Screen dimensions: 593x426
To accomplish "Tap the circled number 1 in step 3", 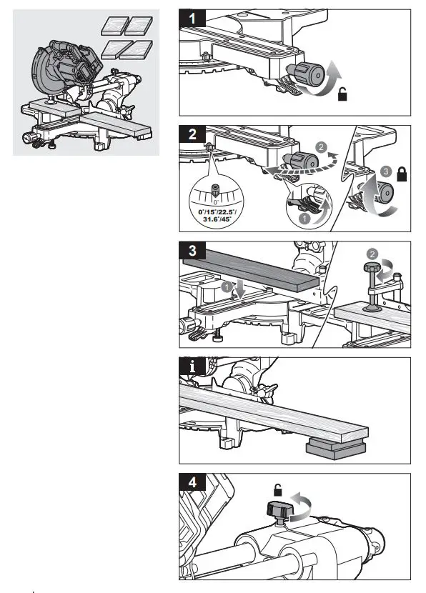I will (227, 287).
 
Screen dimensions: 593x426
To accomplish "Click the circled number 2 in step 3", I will (371, 253).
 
